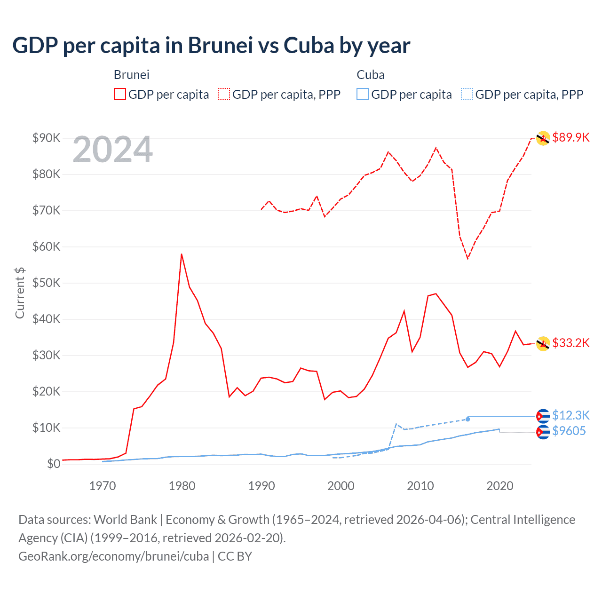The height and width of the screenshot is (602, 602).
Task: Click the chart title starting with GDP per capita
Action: [211, 46]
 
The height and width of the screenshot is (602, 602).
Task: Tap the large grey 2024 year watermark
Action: [113, 150]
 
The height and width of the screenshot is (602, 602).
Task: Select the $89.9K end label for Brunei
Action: [570, 137]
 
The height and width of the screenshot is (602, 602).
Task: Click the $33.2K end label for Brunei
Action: [570, 343]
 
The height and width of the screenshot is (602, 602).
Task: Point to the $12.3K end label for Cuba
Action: [570, 415]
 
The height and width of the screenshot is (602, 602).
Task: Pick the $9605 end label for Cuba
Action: [569, 431]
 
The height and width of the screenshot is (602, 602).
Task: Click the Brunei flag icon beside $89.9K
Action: [543, 138]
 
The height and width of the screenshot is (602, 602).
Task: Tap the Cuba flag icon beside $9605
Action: [543, 432]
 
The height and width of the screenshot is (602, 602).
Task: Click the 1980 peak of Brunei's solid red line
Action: [182, 254]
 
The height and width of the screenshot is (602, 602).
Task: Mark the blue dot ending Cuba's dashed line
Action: [467, 419]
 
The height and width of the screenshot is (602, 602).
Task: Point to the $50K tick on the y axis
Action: [46, 283]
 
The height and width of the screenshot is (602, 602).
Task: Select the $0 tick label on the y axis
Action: [53, 464]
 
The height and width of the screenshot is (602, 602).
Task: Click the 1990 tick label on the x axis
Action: [261, 486]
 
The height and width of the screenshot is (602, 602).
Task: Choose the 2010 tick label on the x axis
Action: [420, 486]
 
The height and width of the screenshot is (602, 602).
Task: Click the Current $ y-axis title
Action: [20, 293]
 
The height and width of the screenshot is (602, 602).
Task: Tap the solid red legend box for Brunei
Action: [120, 95]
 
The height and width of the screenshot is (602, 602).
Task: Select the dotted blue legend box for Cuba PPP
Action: [467, 95]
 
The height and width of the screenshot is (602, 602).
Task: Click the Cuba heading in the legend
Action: [370, 75]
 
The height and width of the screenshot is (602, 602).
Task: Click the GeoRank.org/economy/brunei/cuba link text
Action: [113, 556]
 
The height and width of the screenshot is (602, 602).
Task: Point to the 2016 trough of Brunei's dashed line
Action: [467, 258]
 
